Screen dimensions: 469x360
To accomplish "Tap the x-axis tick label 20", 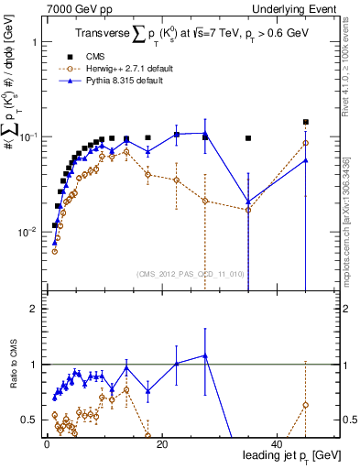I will click(161, 443).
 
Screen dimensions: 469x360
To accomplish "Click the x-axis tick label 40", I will click(277, 443).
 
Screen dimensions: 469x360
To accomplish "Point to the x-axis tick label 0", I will click(46, 443).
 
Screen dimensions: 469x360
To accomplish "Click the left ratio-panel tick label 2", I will click(31, 310).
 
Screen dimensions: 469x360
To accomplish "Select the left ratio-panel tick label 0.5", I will click(27, 420).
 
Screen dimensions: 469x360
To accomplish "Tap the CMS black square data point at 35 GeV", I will click(248, 138).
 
